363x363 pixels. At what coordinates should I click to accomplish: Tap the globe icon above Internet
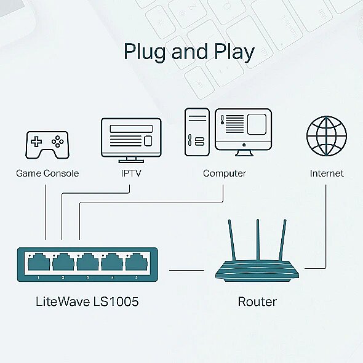327,136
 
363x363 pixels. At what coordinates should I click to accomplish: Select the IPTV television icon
131,140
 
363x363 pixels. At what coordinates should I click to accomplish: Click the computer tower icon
197,132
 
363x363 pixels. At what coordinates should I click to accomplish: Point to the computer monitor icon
243,132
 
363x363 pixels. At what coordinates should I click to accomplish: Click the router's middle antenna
258,240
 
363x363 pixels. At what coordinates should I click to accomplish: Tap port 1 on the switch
39,262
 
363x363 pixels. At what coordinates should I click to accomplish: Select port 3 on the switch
87,262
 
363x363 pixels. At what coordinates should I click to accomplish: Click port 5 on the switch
137,262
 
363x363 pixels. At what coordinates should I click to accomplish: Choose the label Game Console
47,174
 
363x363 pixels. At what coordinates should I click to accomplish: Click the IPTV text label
131,174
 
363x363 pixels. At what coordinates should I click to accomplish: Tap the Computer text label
225,174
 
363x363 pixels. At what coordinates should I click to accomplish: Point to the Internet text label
327,174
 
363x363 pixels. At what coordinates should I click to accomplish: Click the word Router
257,301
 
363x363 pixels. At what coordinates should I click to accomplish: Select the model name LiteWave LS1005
87,301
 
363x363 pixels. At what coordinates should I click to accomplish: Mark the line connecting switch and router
186,270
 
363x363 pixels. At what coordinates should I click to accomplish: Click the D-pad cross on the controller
36,142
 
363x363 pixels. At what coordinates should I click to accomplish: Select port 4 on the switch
112,262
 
